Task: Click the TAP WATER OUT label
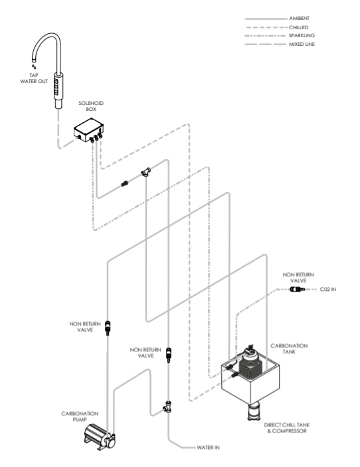(34, 79)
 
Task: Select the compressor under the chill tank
(253, 411)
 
